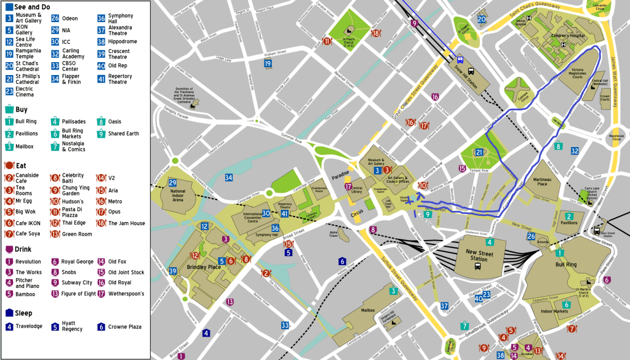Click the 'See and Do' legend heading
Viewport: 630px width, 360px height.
tap(31, 7)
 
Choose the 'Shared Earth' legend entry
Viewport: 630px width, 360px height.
tap(123, 134)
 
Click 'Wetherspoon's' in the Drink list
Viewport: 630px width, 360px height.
tap(126, 294)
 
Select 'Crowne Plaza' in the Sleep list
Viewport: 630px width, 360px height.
tap(126, 327)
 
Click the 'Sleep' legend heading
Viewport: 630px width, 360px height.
tap(23, 313)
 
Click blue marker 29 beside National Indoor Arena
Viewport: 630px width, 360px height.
tap(173, 183)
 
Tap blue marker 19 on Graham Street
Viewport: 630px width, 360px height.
tap(268, 63)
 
